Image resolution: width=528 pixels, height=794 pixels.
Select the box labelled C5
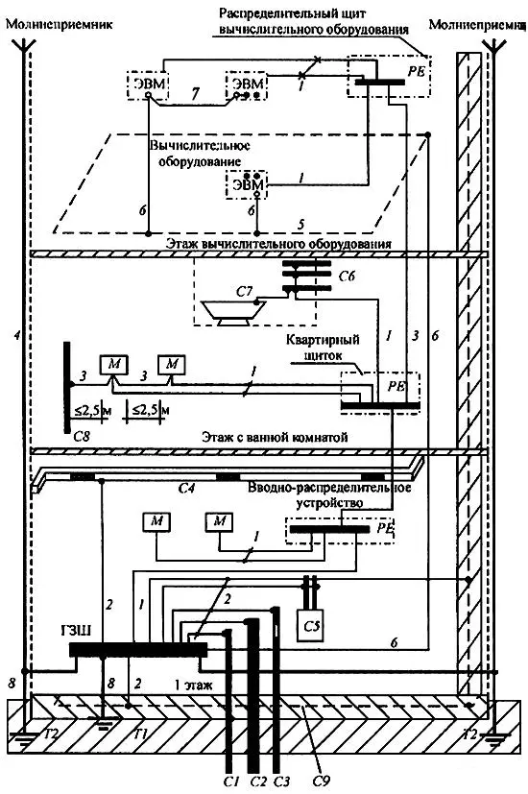coord(311,625)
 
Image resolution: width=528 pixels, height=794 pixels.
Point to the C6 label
coord(347,276)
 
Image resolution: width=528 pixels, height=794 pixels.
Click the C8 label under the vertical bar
coord(82,436)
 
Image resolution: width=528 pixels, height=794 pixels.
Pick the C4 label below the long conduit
coord(187,489)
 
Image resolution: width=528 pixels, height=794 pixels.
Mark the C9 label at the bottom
coord(321,781)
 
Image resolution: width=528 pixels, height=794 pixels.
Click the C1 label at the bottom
coord(231,781)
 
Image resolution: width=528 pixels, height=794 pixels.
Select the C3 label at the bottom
coord(282,781)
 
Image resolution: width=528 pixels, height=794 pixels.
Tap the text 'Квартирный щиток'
coord(323,347)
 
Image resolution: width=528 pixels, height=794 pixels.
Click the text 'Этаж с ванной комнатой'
coord(275,437)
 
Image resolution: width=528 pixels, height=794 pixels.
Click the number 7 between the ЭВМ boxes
coord(196,93)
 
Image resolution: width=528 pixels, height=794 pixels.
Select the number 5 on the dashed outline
coord(301,224)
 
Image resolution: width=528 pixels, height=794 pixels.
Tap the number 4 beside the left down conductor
coord(17,335)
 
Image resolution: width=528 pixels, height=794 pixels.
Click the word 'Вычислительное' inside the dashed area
coord(200,146)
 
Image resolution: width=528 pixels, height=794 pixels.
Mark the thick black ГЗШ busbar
coord(137,650)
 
